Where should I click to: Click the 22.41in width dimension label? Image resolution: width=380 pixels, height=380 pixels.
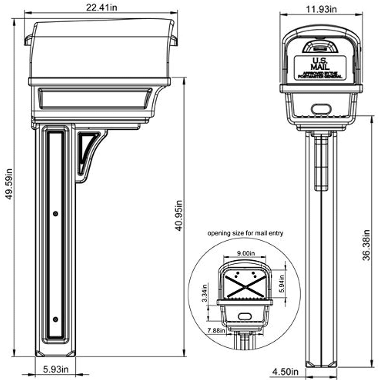point(102,7)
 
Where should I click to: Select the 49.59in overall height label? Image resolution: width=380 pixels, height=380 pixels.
point(9,184)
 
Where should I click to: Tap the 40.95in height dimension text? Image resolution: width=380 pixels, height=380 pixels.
point(179,216)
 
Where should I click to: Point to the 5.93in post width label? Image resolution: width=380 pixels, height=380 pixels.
point(56,369)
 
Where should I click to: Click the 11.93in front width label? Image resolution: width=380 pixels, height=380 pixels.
point(321,9)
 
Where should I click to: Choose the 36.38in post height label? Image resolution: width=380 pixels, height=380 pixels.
point(366,245)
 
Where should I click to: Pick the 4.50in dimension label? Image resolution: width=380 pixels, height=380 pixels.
point(285,372)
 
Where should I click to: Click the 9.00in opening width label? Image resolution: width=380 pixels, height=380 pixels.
point(246,253)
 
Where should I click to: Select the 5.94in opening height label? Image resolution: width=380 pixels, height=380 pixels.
point(282,284)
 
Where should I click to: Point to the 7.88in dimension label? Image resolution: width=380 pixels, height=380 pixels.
point(216,331)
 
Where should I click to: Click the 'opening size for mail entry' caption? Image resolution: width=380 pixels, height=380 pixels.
point(245,233)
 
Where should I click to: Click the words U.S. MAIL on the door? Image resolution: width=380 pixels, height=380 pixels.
point(320,64)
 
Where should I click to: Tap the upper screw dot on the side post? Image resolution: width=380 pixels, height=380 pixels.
point(55,214)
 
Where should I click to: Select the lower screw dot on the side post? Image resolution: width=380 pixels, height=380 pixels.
point(55,319)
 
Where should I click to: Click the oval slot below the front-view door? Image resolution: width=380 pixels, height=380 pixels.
point(321,109)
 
